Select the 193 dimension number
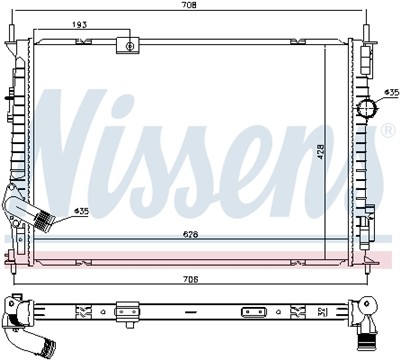(80, 25)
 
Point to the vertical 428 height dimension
(320, 152)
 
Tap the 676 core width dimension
(191, 235)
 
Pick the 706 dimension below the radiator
(191, 279)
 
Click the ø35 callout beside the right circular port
(391, 92)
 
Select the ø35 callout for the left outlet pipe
(81, 211)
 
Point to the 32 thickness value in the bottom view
(320, 312)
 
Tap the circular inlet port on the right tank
(367, 109)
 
